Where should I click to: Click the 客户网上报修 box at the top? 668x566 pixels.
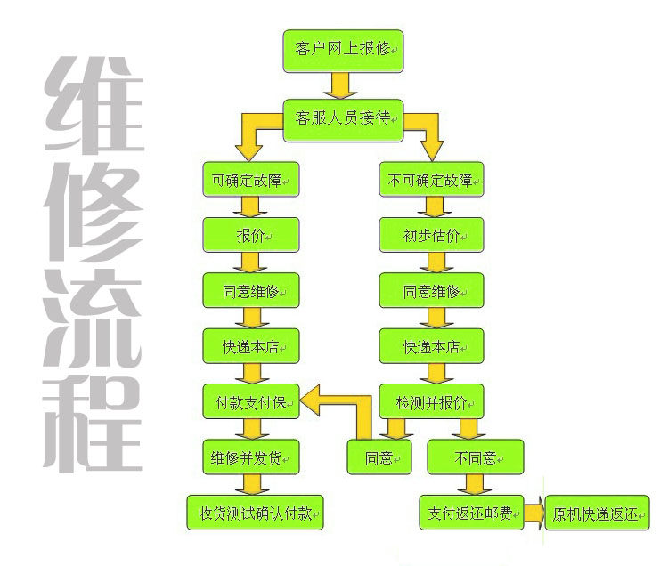(343, 51)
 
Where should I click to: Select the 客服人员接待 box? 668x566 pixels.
(343, 120)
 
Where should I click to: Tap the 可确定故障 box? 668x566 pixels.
(251, 179)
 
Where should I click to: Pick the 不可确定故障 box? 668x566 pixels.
(431, 179)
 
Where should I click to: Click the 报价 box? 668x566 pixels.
(251, 235)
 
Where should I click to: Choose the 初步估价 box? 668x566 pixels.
(431, 235)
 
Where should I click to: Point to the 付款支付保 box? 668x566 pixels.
(251, 401)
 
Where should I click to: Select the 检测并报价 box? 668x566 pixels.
(431, 401)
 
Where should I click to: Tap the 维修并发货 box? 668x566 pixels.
(251, 457)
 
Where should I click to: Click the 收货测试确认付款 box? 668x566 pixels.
(256, 513)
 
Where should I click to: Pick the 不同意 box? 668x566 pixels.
(476, 457)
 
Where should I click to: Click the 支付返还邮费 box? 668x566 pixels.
(471, 513)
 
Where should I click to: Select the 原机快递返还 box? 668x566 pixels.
(598, 513)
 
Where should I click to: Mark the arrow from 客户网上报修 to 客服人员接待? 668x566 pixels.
(340, 85)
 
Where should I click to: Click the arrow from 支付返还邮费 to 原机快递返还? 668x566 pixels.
(534, 513)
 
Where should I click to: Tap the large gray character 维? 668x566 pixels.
(94, 106)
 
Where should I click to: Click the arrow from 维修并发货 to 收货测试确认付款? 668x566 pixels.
(252, 485)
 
